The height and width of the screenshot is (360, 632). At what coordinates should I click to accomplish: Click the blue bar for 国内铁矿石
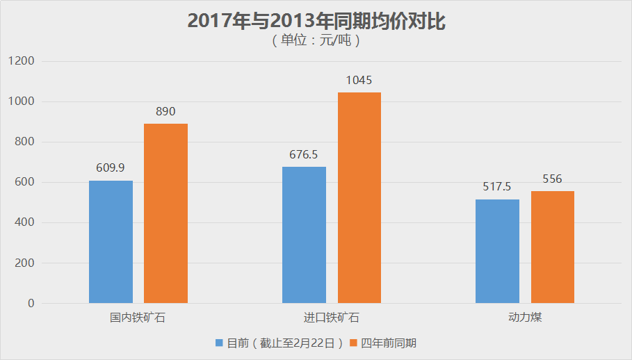click(111, 242)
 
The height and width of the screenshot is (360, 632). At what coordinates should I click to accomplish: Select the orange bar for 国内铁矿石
click(165, 213)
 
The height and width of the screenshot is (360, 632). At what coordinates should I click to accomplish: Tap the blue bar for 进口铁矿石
click(304, 235)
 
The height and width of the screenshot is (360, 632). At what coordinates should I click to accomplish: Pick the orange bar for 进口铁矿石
click(359, 198)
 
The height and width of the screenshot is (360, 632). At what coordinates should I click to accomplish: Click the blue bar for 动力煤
click(497, 252)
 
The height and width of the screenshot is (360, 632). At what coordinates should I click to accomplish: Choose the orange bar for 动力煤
click(553, 247)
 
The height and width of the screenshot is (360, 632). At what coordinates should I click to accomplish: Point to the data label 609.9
click(111, 167)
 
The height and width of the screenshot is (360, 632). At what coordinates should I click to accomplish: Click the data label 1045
click(359, 80)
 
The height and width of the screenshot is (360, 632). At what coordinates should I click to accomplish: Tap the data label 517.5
click(497, 187)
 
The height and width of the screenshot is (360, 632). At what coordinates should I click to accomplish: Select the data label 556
click(553, 179)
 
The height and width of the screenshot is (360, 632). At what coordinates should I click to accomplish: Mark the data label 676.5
click(304, 154)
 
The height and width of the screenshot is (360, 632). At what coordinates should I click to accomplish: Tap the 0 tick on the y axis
click(31, 304)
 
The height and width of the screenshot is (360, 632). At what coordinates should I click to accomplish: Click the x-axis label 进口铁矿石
click(332, 318)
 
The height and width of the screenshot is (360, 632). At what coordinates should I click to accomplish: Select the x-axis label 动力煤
click(525, 318)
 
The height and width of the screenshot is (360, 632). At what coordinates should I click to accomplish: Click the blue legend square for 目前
click(220, 343)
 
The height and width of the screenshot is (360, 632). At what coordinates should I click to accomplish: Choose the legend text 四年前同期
click(389, 343)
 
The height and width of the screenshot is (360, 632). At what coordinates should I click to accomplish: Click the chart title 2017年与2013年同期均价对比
click(316, 22)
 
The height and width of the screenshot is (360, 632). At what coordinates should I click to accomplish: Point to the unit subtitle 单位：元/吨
click(316, 40)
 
